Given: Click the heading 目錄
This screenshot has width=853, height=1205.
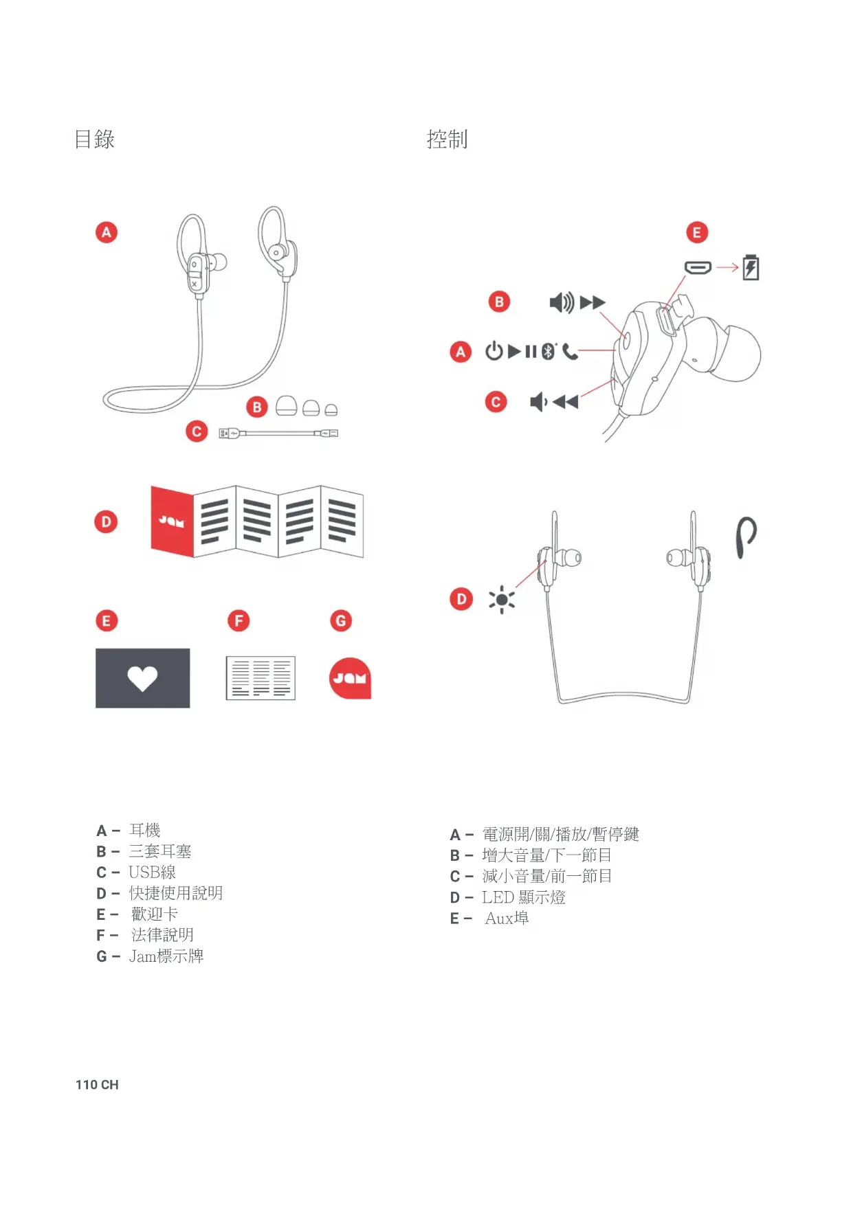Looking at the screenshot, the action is [94, 139].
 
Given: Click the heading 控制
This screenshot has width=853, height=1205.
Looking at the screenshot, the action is [447, 139].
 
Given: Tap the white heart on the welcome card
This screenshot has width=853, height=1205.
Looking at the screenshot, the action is [142, 679].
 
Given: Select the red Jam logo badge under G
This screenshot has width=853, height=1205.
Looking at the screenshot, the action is [350, 678].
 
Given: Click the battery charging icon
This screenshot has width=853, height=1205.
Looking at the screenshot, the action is [751, 267].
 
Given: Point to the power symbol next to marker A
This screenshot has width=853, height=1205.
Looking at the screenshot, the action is [494, 351].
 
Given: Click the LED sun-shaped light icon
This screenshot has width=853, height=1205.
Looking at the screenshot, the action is [502, 600].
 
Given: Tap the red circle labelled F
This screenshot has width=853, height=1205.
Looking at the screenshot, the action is [239, 621].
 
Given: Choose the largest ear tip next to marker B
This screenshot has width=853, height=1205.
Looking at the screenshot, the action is [286, 405].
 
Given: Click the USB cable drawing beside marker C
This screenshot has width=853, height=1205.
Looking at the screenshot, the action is [278, 433].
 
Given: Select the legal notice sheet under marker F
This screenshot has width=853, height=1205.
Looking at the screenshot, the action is [261, 678].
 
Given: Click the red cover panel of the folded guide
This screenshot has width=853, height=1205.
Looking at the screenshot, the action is [173, 521].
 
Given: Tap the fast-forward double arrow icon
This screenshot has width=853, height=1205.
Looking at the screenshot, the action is [592, 302].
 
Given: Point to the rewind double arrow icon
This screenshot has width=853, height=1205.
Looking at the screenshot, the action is [566, 402].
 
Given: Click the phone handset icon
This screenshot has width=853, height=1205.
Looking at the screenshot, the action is [570, 352].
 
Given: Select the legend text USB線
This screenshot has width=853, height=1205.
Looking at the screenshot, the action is [152, 872].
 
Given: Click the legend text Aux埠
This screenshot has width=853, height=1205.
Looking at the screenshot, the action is [507, 919].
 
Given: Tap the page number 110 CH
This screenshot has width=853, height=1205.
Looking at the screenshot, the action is [97, 1085].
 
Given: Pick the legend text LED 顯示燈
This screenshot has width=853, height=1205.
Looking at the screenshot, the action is [524, 897].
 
